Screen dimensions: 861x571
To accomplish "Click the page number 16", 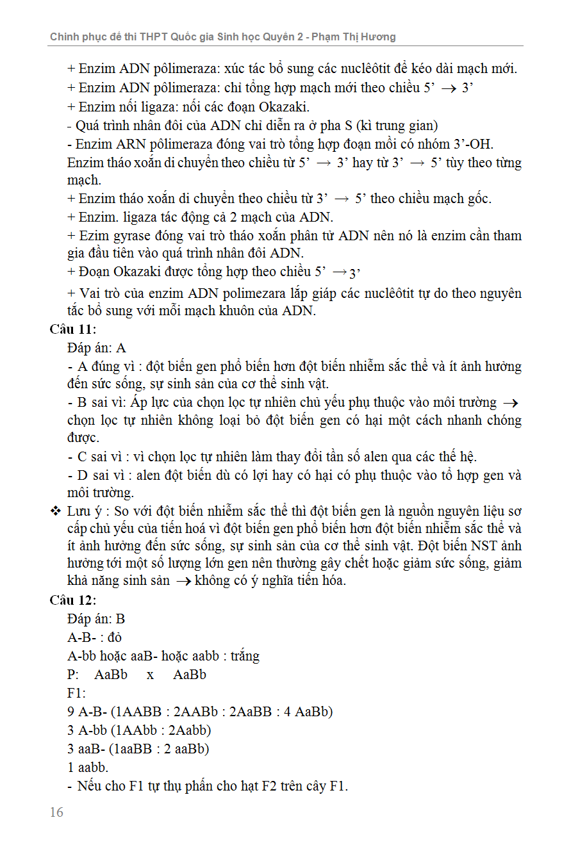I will pos(56,812).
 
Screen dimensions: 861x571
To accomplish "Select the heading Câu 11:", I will pos(73,329).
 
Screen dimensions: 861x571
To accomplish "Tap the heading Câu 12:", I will pos(73,600).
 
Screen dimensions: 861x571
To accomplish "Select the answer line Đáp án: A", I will pos(97,348).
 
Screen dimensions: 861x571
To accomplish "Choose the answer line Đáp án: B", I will pos(96,619).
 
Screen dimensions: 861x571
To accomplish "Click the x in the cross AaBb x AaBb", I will pos(150,675).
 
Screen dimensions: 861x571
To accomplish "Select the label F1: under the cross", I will pos(76,693).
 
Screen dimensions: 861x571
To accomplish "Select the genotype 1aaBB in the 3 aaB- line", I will pos(134,748).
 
